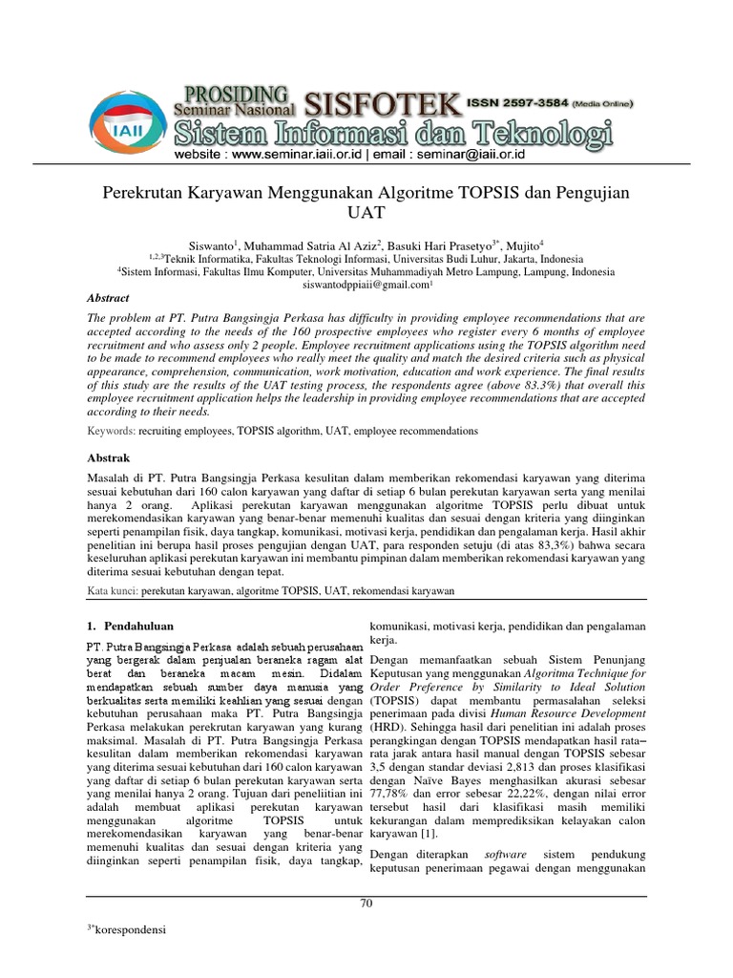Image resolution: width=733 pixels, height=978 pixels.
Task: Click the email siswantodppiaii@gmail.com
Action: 365,285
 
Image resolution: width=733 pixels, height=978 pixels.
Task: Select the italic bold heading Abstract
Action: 108,298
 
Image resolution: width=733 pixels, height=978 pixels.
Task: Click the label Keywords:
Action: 111,432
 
